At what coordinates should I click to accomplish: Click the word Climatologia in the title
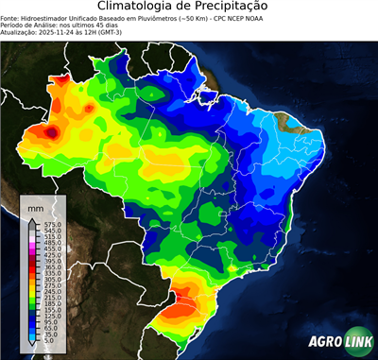(146, 8)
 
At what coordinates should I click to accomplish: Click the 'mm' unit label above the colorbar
(35, 205)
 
